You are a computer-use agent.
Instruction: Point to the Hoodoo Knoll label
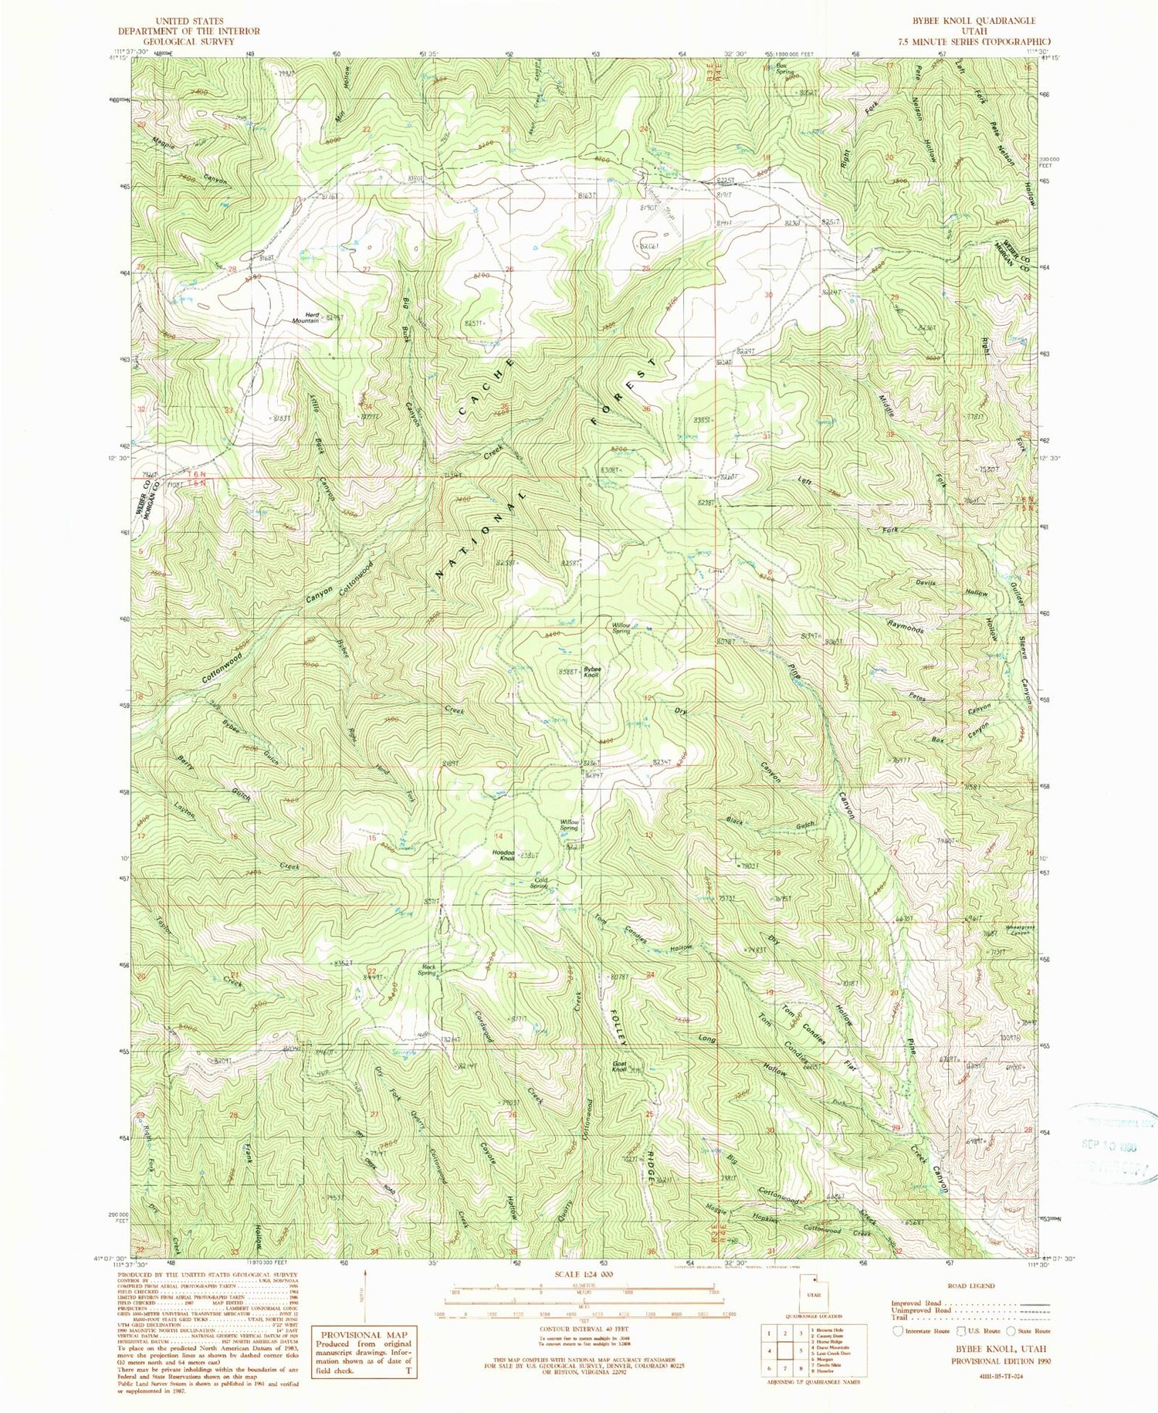click(x=503, y=856)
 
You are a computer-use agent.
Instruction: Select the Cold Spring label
click(x=539, y=883)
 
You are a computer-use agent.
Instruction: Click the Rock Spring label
click(x=428, y=971)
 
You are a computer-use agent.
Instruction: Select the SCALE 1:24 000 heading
click(x=579, y=1273)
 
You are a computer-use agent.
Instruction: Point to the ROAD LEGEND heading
click(x=973, y=1286)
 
